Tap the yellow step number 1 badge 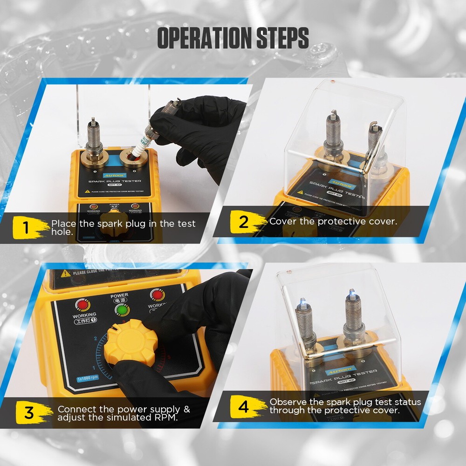coord(27,228)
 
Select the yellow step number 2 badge coord(244,222)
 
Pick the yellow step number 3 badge coord(29,412)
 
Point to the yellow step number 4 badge coord(244,407)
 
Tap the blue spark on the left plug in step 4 coord(302,302)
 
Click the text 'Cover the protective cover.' coord(333,221)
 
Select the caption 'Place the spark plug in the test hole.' coord(123,227)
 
